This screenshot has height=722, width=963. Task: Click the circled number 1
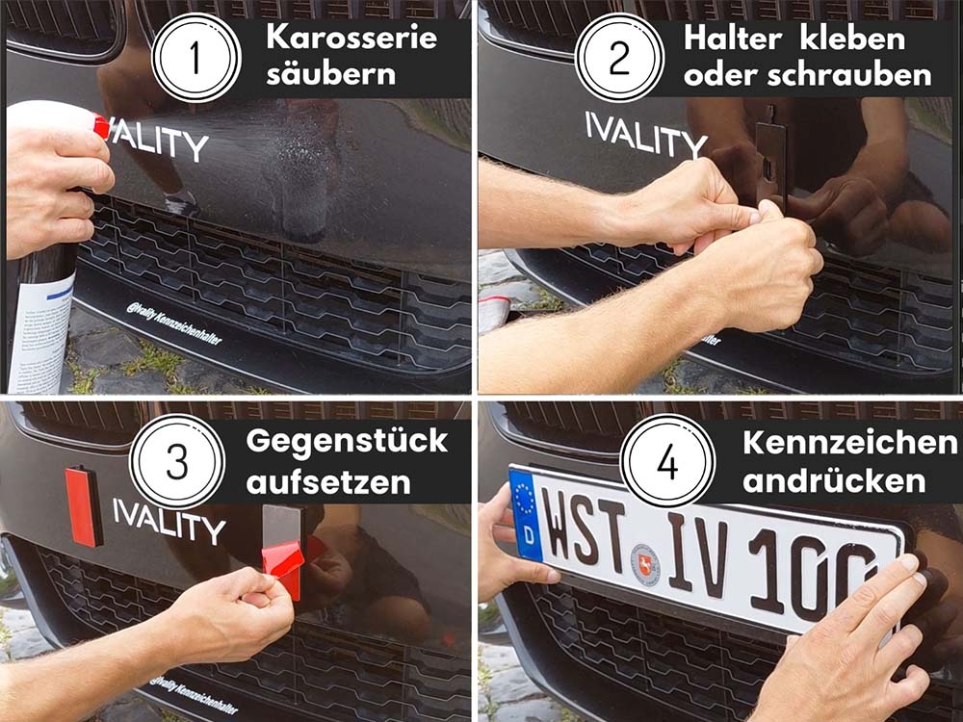196,58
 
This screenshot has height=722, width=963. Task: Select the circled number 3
176,461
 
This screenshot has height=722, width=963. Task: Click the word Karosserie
351,39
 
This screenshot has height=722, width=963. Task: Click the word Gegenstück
347,441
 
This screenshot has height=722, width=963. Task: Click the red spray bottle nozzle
100,126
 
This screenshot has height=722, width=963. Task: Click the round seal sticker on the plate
645,564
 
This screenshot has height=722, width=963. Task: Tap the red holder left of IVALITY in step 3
83,505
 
